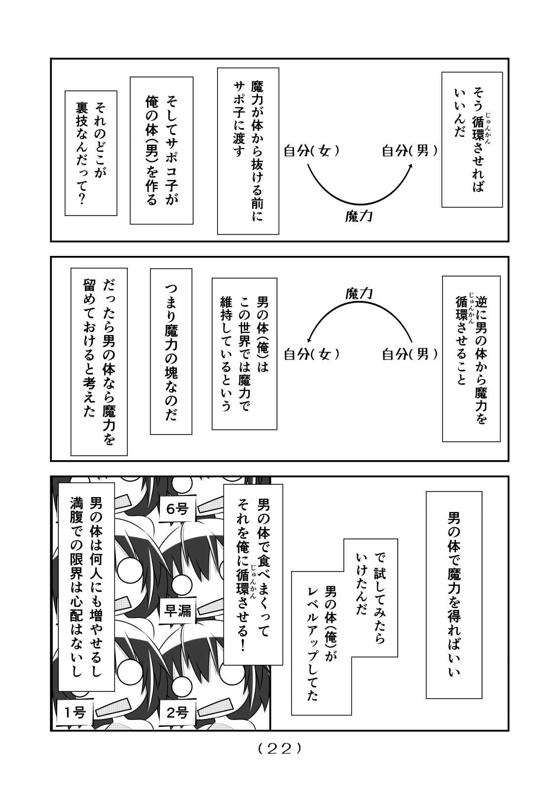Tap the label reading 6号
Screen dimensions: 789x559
178,509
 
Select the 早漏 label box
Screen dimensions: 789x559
178,610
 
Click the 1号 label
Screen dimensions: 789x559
75,712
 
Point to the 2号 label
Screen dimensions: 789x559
178,712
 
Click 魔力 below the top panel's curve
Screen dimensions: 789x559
359,215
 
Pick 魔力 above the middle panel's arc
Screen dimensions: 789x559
359,294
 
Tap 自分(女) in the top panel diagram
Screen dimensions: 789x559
312,151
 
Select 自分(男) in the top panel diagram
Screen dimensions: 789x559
410,151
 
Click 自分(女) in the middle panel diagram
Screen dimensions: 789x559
312,354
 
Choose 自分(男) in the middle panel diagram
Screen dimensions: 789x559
410,354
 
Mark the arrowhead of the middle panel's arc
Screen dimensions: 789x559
309,338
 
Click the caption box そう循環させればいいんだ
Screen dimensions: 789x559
472,140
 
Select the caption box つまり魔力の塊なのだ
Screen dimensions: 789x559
171,351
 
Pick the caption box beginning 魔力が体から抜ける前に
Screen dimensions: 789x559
248,151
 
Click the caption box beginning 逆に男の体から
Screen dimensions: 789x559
471,359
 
